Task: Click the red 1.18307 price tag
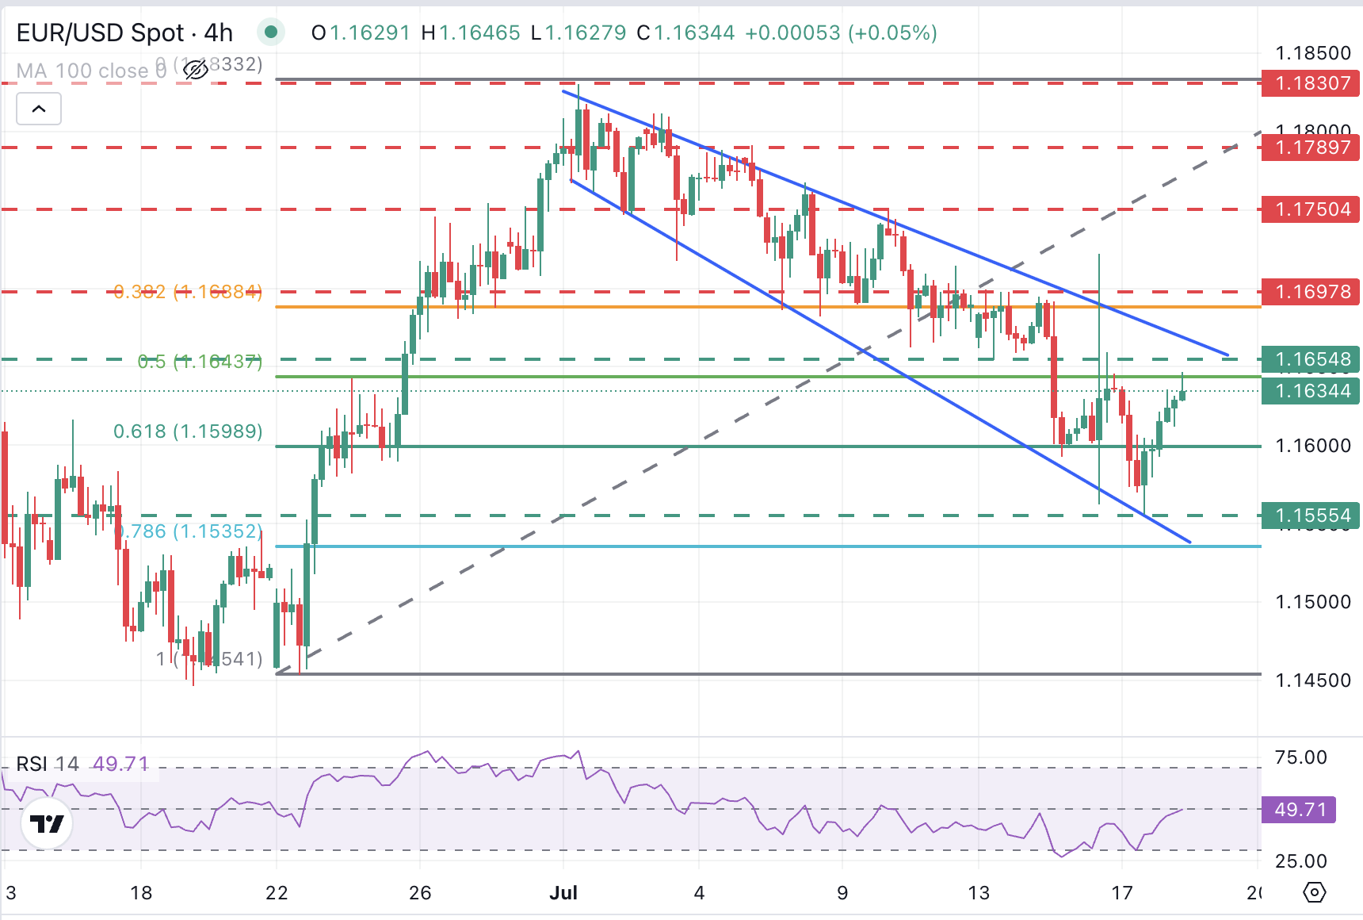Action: click(x=1311, y=83)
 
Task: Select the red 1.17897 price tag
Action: click(x=1311, y=148)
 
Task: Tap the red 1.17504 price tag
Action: click(x=1311, y=209)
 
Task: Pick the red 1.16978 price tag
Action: click(x=1311, y=292)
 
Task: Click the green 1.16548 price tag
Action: click(x=1311, y=359)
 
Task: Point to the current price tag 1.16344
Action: click(x=1311, y=391)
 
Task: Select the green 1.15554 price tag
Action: click(x=1311, y=516)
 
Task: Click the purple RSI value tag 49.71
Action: click(x=1299, y=810)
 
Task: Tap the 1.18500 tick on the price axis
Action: click(x=1312, y=53)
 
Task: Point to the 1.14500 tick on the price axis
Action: click(x=1312, y=680)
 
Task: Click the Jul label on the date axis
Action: click(x=563, y=893)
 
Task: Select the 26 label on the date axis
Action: click(x=420, y=893)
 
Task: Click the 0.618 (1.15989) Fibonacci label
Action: click(x=188, y=431)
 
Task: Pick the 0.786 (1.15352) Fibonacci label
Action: click(x=190, y=531)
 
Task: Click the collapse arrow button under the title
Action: click(x=39, y=109)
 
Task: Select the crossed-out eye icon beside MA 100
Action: click(x=195, y=71)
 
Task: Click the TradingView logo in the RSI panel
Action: click(x=47, y=824)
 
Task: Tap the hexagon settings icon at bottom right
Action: click(x=1314, y=893)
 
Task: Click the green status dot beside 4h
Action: click(x=271, y=33)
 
